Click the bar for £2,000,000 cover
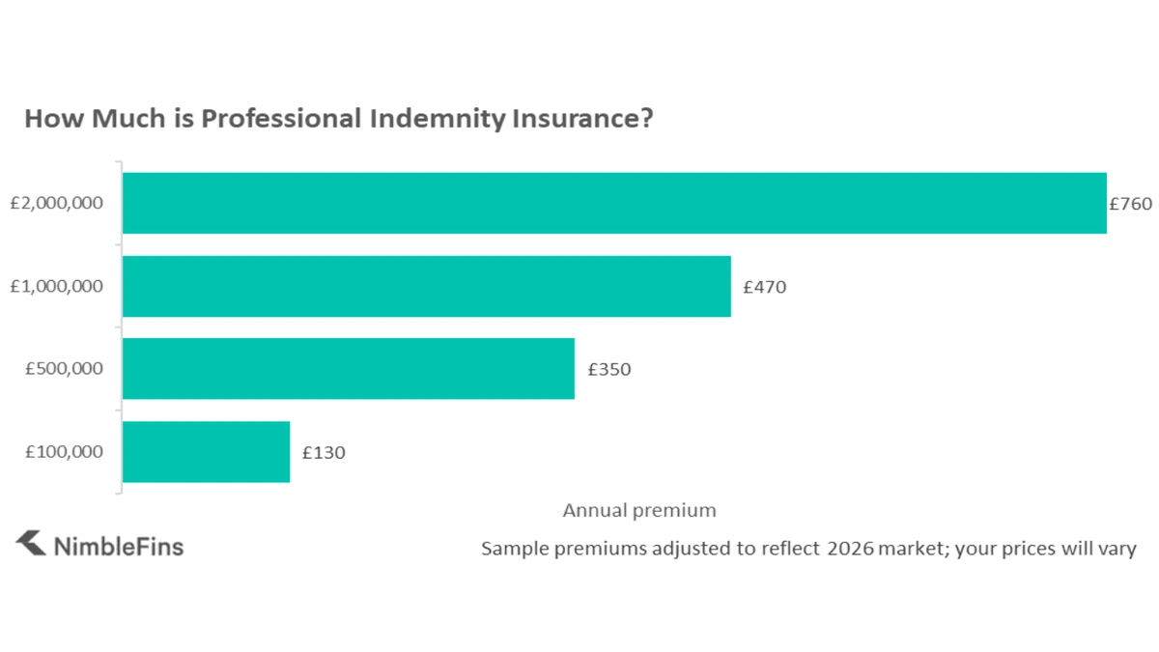(x=614, y=203)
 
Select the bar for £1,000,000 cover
(x=426, y=286)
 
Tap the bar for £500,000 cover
(x=348, y=368)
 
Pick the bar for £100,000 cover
(x=206, y=451)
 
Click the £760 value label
(x=1130, y=204)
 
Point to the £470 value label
(x=764, y=287)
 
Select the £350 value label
(x=608, y=369)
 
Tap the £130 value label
(x=324, y=452)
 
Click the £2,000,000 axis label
(x=56, y=204)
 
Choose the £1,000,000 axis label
(x=56, y=287)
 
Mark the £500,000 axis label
(x=64, y=369)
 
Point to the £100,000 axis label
(x=64, y=452)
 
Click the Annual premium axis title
(x=639, y=510)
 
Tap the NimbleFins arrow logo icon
(x=31, y=544)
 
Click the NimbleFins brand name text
(x=119, y=547)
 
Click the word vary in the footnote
(x=1117, y=549)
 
